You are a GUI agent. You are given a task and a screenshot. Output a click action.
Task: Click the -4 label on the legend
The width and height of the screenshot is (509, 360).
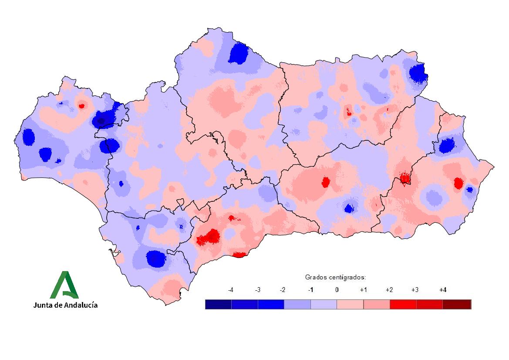231,290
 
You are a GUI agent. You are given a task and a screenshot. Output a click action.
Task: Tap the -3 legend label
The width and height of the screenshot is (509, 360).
257,290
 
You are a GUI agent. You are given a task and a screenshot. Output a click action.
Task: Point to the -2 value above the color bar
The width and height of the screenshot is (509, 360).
283,290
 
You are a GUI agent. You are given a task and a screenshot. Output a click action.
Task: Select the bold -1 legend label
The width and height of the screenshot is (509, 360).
310,290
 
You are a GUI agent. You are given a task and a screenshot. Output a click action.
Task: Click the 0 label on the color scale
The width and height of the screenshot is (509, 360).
337,290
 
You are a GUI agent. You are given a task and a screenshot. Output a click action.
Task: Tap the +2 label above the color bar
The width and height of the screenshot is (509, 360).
389,290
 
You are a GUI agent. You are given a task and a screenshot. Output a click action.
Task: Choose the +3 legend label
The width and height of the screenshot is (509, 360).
416,290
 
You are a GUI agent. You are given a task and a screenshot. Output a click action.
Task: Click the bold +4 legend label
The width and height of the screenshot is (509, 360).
443,290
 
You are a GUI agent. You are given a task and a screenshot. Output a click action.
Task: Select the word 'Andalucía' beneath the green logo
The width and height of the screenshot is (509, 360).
81,305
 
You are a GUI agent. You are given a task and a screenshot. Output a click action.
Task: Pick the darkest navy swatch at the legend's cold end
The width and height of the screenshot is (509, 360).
218,304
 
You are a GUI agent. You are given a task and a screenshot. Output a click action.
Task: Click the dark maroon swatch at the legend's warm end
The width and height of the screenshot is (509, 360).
458,304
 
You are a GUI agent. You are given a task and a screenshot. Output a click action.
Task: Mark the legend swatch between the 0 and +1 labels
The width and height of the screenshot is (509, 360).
350,304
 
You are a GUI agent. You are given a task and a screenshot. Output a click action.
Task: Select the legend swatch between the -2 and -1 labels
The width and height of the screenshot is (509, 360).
297,304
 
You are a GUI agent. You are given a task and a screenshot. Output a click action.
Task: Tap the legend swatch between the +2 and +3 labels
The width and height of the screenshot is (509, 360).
403,304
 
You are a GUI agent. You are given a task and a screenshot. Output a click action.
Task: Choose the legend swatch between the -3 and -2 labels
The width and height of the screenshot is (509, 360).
271,304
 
